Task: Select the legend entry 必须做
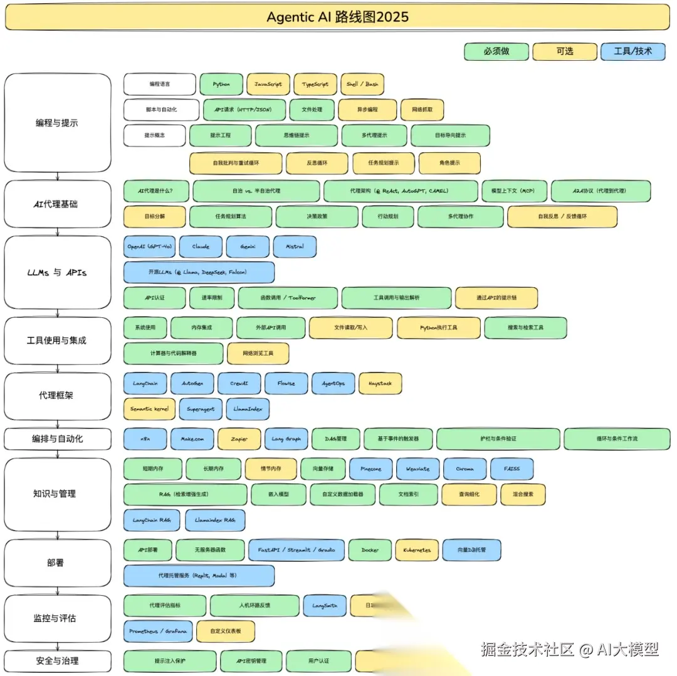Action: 496,51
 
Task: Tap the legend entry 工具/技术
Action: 632,51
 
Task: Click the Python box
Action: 221,84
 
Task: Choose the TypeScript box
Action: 315,84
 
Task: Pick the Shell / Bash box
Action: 363,84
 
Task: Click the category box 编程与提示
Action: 57,123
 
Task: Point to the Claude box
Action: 201,246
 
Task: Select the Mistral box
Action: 295,246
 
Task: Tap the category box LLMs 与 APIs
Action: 57,273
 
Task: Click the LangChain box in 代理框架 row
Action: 145,383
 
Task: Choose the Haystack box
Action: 380,383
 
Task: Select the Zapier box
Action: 239,439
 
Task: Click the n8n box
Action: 145,439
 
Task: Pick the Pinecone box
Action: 370,468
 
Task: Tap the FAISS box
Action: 512,468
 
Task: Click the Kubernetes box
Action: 417,550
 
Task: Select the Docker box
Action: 370,550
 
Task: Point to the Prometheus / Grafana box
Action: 157,631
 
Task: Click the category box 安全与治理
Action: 57,661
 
